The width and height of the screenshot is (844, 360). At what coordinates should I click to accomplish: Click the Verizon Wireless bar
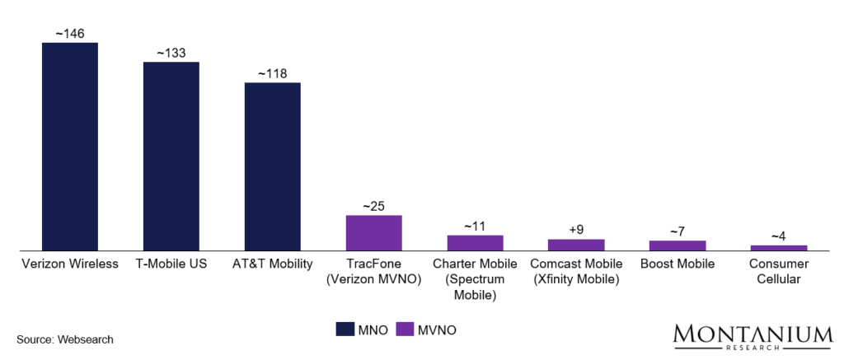[x=70, y=146]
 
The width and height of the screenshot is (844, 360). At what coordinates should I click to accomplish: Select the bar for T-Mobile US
[x=171, y=156]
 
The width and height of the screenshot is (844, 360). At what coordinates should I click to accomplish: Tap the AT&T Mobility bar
[x=273, y=166]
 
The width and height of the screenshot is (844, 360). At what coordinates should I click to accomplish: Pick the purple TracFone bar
[x=373, y=232]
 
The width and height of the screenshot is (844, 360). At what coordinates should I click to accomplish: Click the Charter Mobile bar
[x=475, y=242]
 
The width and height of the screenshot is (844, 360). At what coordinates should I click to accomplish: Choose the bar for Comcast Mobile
[x=576, y=244]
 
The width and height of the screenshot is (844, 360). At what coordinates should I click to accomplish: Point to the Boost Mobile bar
[x=678, y=245]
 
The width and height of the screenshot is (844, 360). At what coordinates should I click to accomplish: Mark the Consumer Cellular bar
[x=779, y=247]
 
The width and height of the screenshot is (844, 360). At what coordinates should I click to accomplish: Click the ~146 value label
[x=70, y=33]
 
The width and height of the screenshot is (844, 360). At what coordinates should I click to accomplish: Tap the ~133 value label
[x=171, y=53]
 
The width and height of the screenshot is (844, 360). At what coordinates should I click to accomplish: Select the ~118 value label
[x=273, y=73]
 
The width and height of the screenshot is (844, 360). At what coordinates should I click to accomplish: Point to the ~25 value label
[x=373, y=206]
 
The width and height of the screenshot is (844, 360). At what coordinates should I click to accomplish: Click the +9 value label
[x=576, y=230]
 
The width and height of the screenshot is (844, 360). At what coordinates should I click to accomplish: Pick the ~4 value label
[x=779, y=236]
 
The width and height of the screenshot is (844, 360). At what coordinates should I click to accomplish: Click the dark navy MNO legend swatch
[x=345, y=330]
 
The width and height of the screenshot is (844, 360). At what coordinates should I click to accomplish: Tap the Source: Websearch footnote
[x=64, y=339]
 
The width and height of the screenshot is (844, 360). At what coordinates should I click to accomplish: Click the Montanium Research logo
[x=753, y=337]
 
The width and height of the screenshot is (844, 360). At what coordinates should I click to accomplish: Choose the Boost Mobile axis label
[x=678, y=264]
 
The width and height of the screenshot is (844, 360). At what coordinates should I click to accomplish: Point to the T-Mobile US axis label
[x=171, y=264]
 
